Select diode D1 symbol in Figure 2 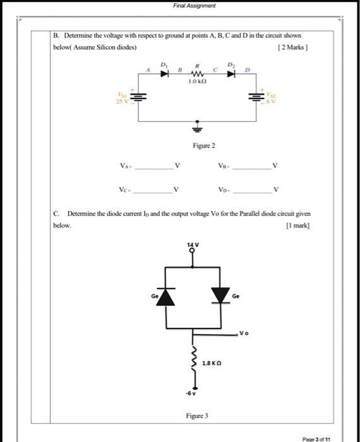click(164, 73)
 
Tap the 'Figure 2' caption click(204, 146)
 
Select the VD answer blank click(250, 189)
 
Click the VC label click(124, 189)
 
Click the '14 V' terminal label click(193, 243)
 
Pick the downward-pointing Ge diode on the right click(221, 296)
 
